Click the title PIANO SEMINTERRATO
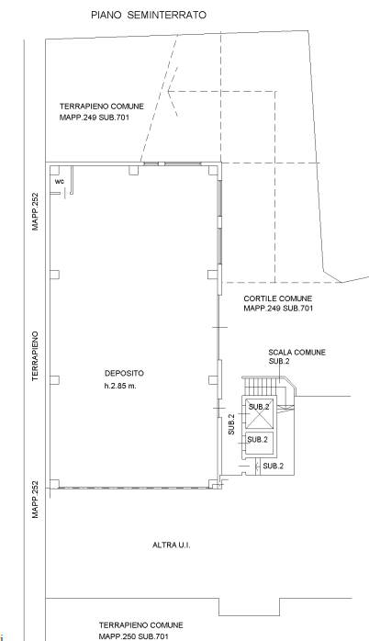click(149, 15)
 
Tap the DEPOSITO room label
click(124, 373)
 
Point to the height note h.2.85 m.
click(120, 386)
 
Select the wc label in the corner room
click(60, 181)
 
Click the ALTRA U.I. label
click(172, 545)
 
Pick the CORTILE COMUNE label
click(278, 298)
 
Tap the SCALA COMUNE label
click(297, 352)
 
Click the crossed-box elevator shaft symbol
click(259, 413)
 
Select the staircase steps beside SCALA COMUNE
click(263, 386)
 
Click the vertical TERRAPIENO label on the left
click(35, 356)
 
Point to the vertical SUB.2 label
click(231, 424)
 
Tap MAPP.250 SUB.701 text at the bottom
click(133, 636)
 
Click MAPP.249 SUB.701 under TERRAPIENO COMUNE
click(95, 118)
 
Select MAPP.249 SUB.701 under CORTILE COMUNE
click(278, 309)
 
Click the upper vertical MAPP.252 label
click(35, 211)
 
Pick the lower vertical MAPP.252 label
click(35, 500)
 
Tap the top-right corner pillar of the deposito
click(213, 170)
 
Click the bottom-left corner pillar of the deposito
click(55, 484)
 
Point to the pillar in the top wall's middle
click(134, 170)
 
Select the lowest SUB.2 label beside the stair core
click(273, 466)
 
